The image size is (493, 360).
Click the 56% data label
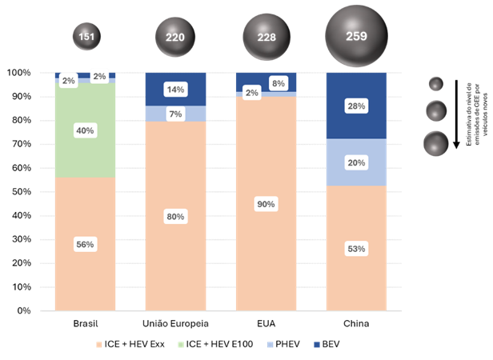85,244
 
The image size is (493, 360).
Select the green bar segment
85,152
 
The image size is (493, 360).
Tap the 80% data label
175,216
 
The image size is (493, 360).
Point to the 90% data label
266,204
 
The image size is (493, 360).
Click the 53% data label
356,249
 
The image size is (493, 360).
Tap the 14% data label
175,90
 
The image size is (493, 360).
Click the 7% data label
175,114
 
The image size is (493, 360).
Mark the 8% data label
279,83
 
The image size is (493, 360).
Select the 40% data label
85,130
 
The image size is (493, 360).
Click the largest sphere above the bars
356,36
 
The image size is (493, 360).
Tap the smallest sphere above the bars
86,37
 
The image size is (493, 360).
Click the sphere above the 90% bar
266,37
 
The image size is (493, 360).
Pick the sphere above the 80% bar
175,37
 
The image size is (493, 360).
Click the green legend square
180,345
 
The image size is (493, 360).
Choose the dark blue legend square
317,345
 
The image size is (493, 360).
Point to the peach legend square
99,345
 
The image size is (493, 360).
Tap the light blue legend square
270,345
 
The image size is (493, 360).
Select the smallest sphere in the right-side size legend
436,84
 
